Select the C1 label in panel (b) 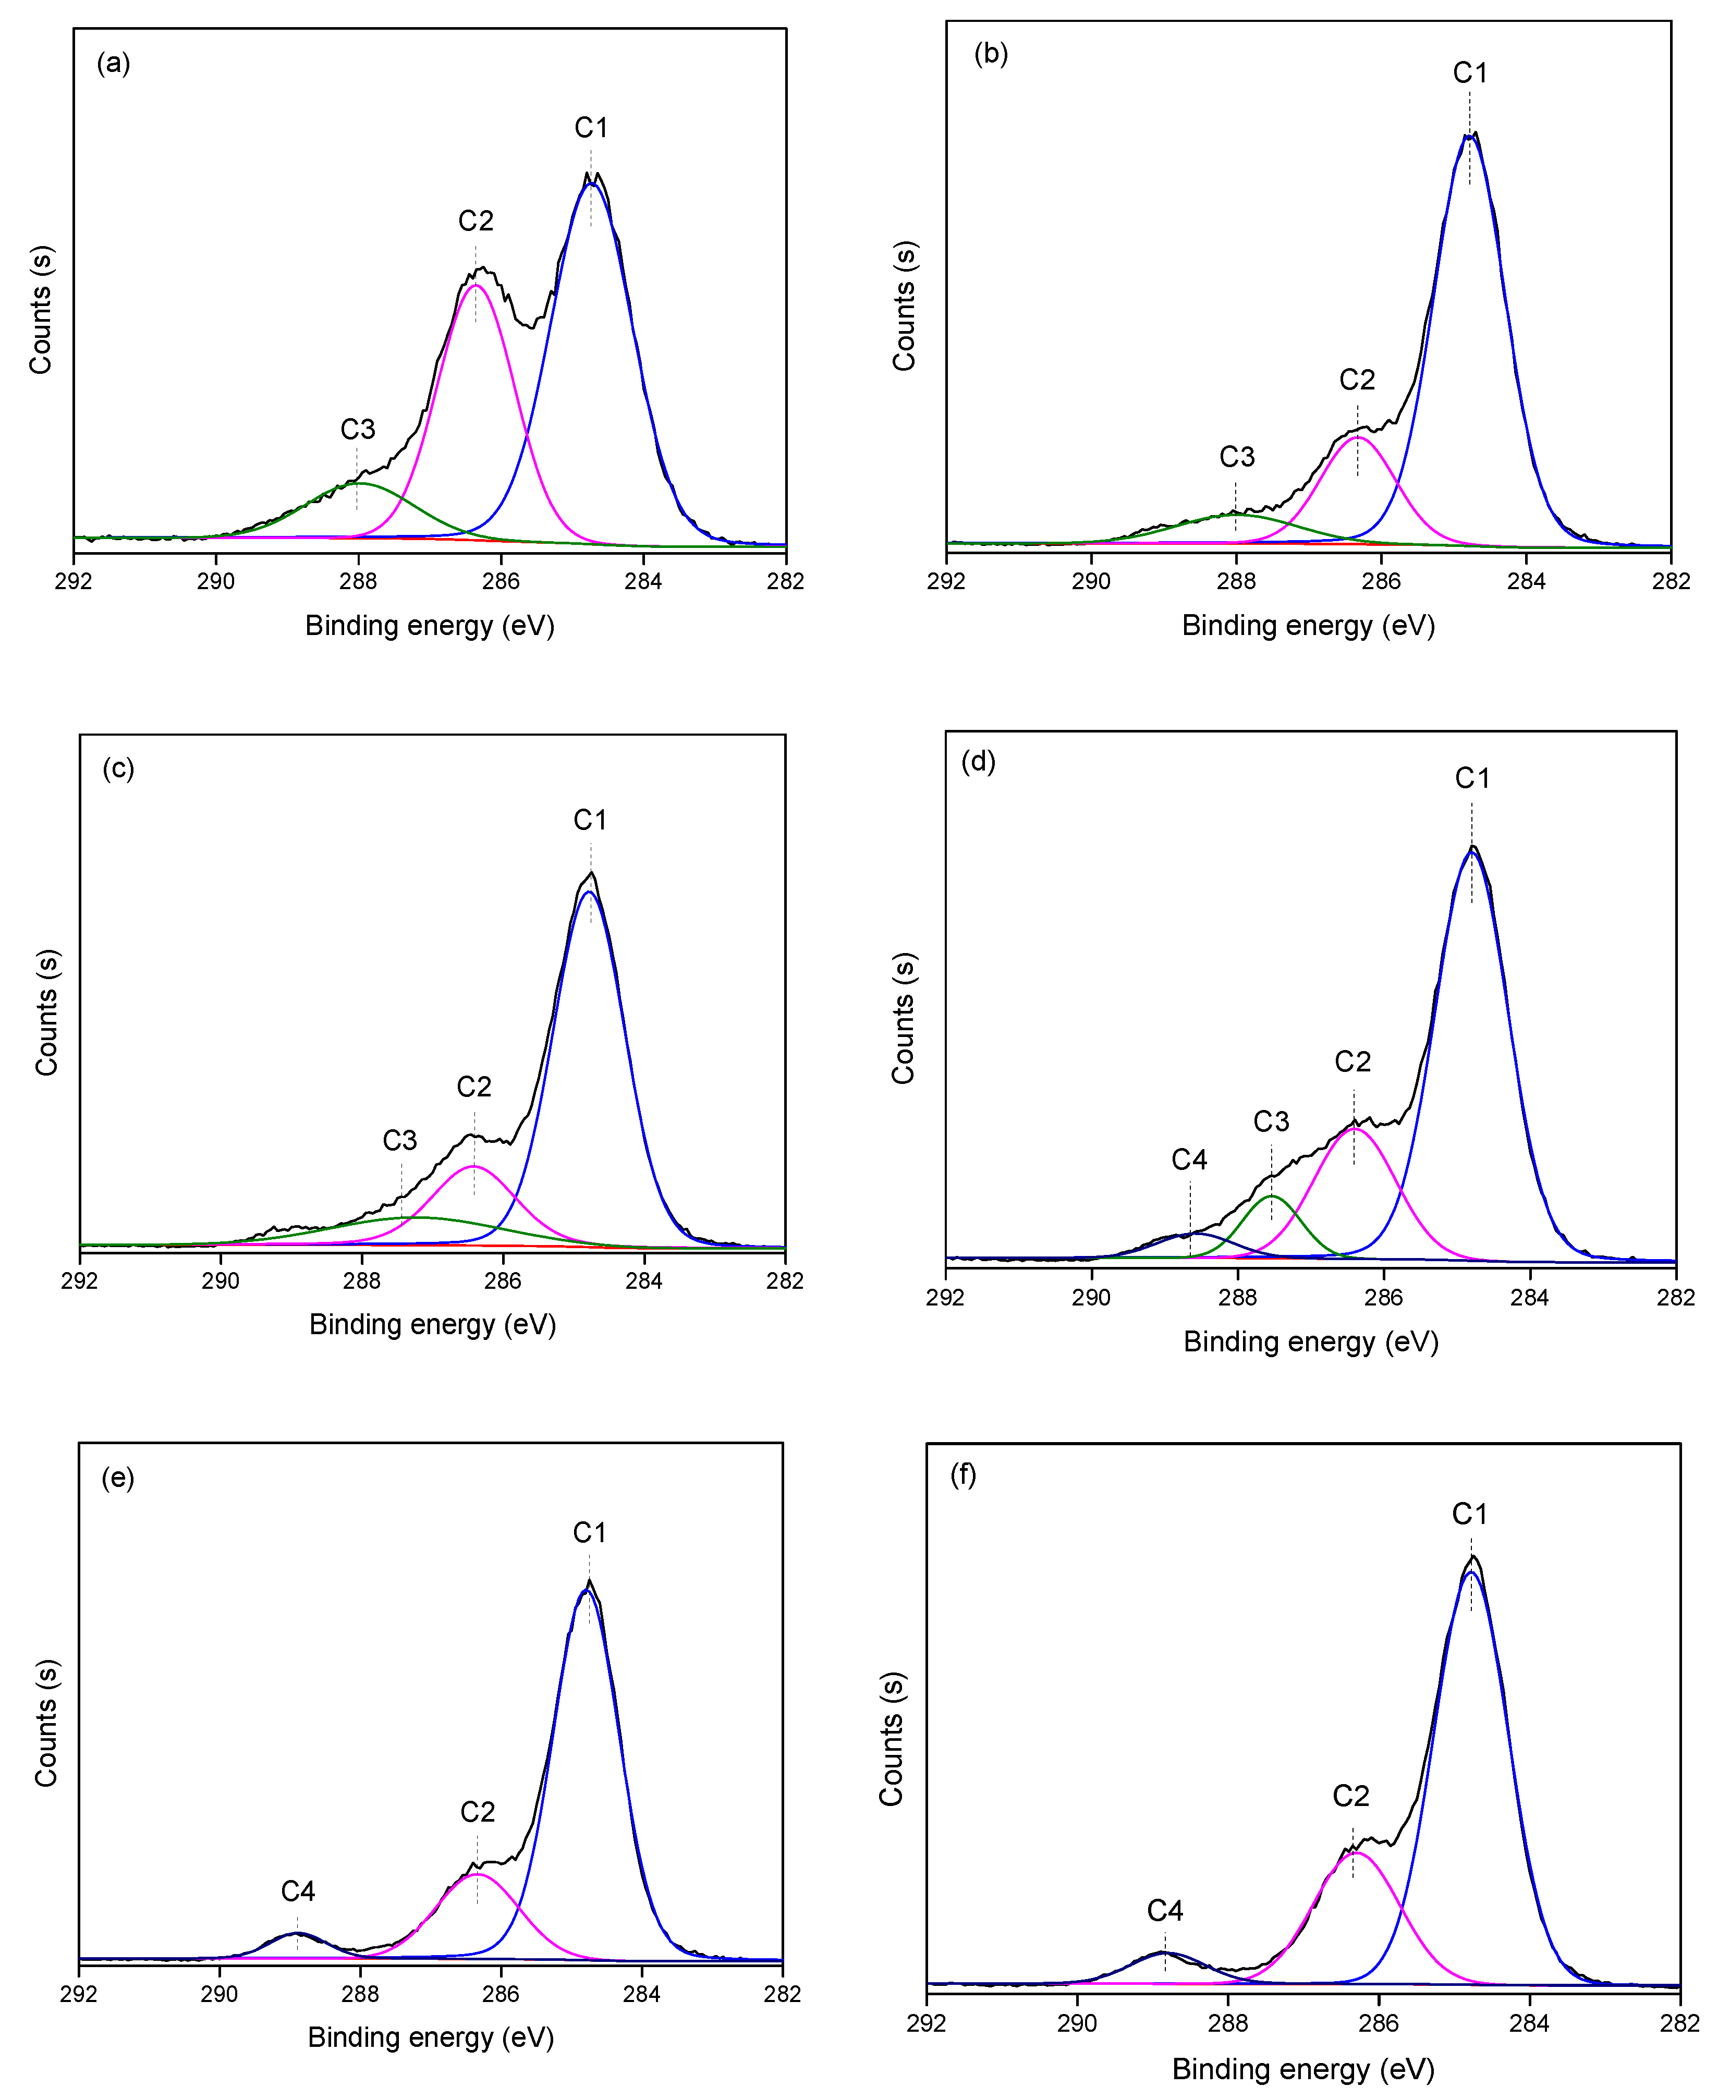point(1470,73)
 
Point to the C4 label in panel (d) point(1189,1160)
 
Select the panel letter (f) point(963,1474)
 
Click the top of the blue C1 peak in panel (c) point(590,892)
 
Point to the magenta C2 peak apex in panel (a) point(475,285)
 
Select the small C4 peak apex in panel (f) point(1164,1952)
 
